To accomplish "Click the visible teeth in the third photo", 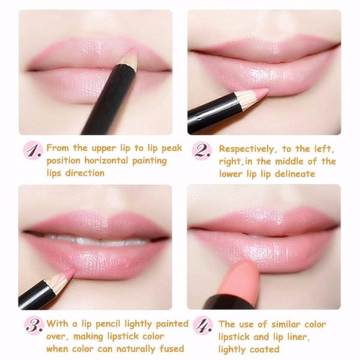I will (90, 240).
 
